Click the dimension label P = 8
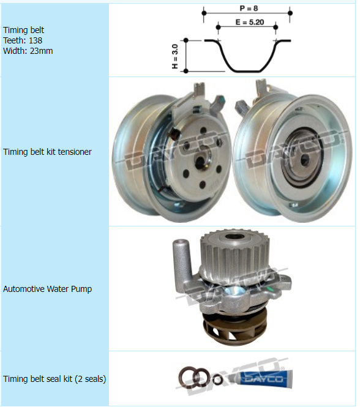pos(249,9)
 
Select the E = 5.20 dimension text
pos(250,22)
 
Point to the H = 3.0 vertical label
pos(175,56)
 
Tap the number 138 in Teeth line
pos(36,40)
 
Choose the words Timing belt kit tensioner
pos(47,152)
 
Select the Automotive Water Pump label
pos(47,289)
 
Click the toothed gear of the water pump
pos(234,250)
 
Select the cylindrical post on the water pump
pos(182,262)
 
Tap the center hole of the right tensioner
pos(304,161)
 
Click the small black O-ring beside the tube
pos(217,379)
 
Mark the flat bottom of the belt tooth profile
pos(247,71)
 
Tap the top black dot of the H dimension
pos(186,40)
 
